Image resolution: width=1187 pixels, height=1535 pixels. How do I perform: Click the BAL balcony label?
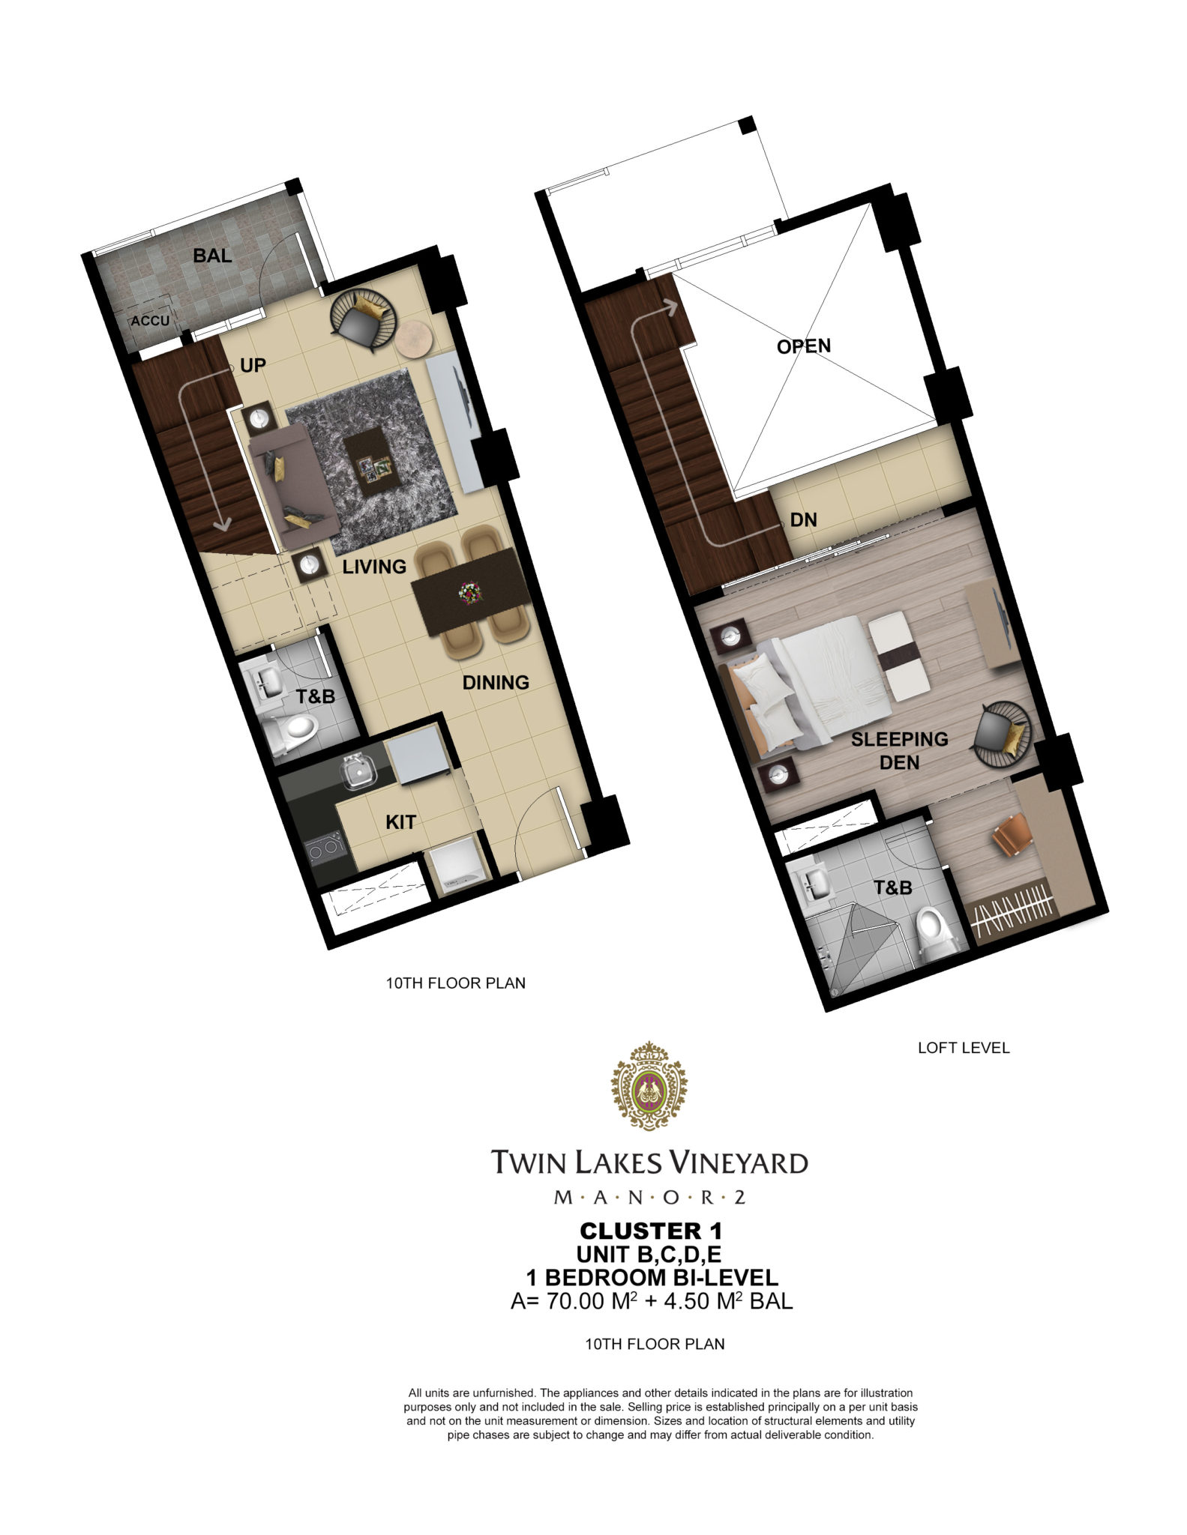pyautogui.click(x=212, y=256)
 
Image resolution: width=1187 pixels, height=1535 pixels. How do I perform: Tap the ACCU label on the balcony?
pyautogui.click(x=150, y=321)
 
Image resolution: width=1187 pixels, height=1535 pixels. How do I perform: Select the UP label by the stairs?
pyautogui.click(x=253, y=365)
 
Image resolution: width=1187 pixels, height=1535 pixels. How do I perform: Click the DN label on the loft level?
pyautogui.click(x=803, y=519)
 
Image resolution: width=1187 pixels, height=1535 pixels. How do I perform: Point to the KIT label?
pyautogui.click(x=400, y=822)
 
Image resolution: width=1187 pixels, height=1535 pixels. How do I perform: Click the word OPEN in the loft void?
pyautogui.click(x=804, y=346)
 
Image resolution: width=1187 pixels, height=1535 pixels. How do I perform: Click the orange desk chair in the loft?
pyautogui.click(x=1012, y=839)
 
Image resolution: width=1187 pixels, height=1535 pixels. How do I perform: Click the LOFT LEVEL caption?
pyautogui.click(x=964, y=1048)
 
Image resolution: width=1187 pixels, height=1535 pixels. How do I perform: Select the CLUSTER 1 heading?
pyautogui.click(x=651, y=1231)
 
